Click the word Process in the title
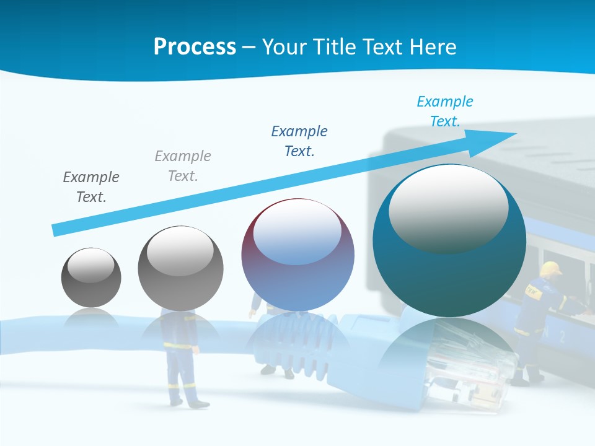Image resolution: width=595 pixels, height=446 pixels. click(195, 47)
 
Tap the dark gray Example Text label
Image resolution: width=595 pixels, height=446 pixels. click(91, 187)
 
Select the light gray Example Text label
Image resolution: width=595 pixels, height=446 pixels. click(183, 166)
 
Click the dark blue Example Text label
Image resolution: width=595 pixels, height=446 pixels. click(299, 141)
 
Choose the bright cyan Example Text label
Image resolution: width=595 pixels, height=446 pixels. click(445, 111)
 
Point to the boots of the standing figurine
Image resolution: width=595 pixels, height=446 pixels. click(192, 403)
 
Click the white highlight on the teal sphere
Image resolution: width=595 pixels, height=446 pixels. click(448, 208)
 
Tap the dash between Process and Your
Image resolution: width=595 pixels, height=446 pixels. click(249, 47)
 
